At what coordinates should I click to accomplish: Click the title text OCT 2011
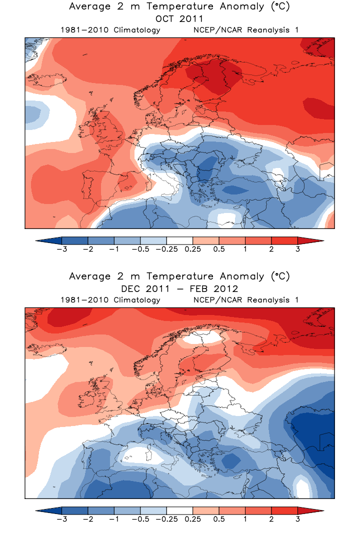click(179, 19)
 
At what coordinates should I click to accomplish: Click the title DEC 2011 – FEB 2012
click(179, 289)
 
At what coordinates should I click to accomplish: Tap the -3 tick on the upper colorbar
click(61, 249)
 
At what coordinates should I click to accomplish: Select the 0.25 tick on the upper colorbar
click(192, 249)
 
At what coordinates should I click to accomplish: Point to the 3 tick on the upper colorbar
click(297, 249)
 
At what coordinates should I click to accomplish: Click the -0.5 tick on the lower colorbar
click(140, 519)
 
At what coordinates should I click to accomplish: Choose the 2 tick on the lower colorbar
click(271, 519)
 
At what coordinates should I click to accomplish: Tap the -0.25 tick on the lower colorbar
click(166, 519)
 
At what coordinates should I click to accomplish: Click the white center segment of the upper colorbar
click(179, 240)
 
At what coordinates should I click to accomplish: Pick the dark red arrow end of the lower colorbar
click(310, 510)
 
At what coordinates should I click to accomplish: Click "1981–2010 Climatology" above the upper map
click(110, 30)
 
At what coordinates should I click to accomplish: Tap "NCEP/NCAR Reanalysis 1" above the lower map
click(245, 300)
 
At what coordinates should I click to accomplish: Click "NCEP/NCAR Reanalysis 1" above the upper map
click(245, 30)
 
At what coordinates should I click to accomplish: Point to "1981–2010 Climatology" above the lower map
click(110, 300)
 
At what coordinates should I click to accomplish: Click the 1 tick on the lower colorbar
click(245, 519)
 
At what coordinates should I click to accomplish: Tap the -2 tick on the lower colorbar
click(87, 519)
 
